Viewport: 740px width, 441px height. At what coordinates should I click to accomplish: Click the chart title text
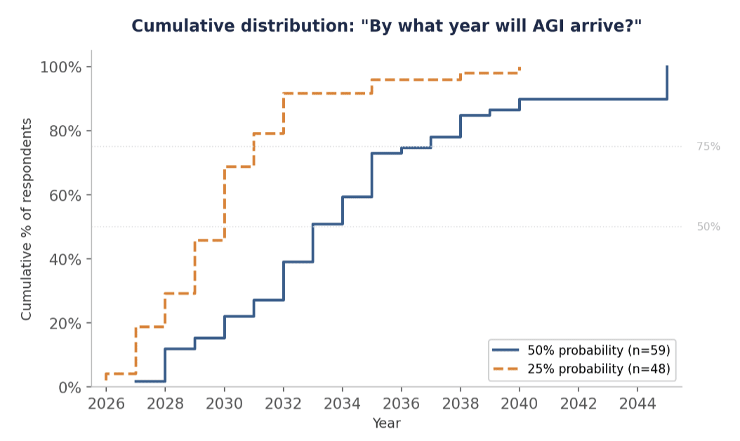pos(387,26)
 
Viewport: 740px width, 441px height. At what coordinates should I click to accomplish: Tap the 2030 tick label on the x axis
pos(224,404)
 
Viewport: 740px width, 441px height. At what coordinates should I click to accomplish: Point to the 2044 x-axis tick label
pos(637,404)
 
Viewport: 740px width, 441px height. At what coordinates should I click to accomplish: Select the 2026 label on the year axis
pos(106,404)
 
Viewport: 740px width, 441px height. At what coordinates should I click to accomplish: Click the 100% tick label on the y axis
pos(61,67)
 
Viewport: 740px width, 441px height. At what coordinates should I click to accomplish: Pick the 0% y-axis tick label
pos(70,388)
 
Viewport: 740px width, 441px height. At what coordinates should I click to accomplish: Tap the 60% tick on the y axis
pos(65,195)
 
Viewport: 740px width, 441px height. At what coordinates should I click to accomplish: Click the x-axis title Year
pos(387,423)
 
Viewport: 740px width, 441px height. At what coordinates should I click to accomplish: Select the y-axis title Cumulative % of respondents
pos(27,219)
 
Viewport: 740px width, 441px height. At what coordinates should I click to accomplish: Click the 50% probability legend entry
pos(581,350)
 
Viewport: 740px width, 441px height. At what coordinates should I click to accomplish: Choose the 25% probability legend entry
pos(581,369)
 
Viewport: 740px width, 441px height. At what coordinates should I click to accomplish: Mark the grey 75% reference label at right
pos(708,147)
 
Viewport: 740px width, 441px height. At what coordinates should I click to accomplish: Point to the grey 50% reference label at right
pos(708,227)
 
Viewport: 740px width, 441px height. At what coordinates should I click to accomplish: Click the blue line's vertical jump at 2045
pos(667,83)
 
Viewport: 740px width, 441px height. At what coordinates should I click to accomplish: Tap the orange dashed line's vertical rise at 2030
pos(224,204)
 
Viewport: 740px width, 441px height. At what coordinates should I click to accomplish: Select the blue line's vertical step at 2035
pos(372,175)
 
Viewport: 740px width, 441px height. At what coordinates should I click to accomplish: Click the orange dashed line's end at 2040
pos(520,67)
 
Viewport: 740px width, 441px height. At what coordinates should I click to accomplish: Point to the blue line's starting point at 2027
pos(136,381)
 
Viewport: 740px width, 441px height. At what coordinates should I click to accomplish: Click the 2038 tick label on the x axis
pos(461,404)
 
